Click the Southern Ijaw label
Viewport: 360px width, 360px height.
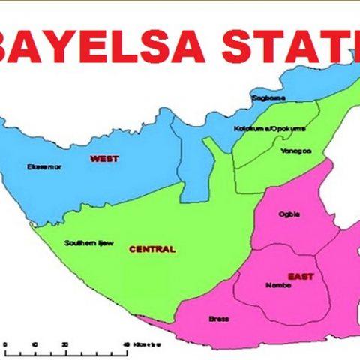click(x=88, y=242)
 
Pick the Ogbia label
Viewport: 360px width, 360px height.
click(x=289, y=214)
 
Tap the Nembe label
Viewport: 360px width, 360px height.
click(x=277, y=285)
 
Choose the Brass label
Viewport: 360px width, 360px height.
click(x=218, y=319)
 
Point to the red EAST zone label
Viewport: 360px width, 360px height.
click(x=301, y=277)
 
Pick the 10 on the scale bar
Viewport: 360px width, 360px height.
click(x=34, y=343)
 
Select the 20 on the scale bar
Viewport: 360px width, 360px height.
click(x=65, y=343)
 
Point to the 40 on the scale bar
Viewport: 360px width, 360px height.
click(x=126, y=343)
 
